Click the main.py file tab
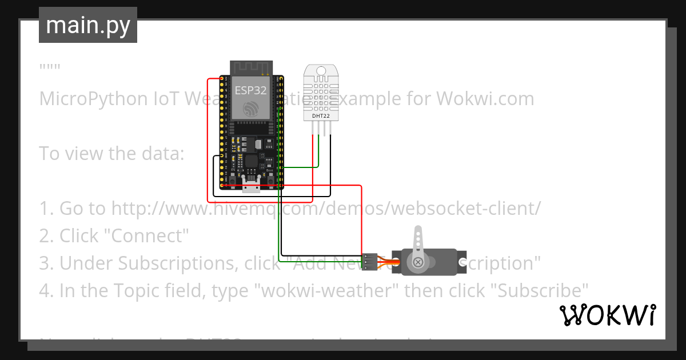tap(88, 25)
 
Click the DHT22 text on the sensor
tap(320, 116)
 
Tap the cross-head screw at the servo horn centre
tap(418, 262)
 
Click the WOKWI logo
tap(607, 315)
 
